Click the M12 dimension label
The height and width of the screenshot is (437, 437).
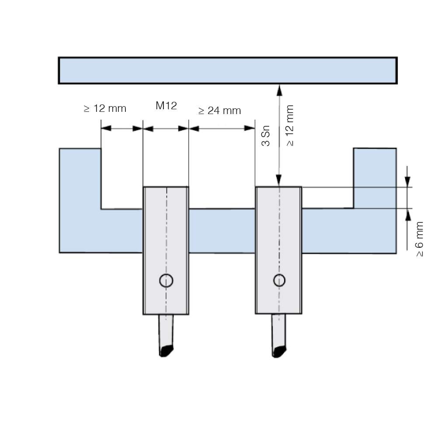pyautogui.click(x=166, y=106)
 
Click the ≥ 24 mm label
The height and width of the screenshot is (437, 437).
pyautogui.click(x=220, y=111)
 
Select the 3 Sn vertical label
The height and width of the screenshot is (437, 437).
pyautogui.click(x=266, y=136)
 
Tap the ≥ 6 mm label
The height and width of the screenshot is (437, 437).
pyautogui.click(x=419, y=239)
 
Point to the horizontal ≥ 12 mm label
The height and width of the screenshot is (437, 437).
pyautogui.click(x=105, y=108)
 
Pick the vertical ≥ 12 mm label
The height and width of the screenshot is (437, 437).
pyautogui.click(x=290, y=125)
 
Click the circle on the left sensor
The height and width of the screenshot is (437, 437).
pyautogui.click(x=166, y=281)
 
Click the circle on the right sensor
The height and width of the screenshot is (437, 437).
pyautogui.click(x=279, y=281)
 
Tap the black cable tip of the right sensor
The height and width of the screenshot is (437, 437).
pyautogui.click(x=279, y=351)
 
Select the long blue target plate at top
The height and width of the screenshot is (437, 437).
pyautogui.click(x=228, y=70)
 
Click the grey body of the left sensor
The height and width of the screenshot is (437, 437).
pyautogui.click(x=166, y=250)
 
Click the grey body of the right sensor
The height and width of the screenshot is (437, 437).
pyautogui.click(x=278, y=250)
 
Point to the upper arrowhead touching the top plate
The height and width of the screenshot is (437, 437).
pyautogui.click(x=279, y=90)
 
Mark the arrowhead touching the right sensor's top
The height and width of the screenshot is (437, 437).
pyautogui.click(x=279, y=180)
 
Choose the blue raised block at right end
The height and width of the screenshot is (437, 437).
pyautogui.click(x=375, y=178)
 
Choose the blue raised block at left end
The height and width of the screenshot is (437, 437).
pyautogui.click(x=80, y=178)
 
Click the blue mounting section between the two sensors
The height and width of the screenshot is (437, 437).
pyautogui.click(x=222, y=231)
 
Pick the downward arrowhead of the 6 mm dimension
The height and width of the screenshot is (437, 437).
pyautogui.click(x=407, y=182)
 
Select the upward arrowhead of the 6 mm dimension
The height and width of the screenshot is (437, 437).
pyautogui.click(x=408, y=214)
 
